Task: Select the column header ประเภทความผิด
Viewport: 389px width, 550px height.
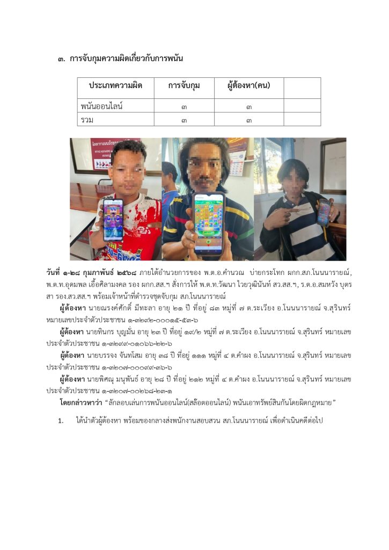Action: click(x=115, y=86)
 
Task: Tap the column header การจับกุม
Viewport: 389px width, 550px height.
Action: click(x=184, y=86)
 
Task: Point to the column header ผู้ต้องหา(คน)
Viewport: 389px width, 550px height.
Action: click(x=248, y=86)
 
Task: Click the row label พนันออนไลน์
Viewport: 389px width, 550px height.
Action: click(x=102, y=106)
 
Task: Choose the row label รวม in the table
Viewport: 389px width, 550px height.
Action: click(x=86, y=120)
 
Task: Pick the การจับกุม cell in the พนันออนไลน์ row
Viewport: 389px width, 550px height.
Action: click(x=184, y=106)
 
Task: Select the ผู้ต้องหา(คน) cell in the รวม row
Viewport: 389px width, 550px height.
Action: click(x=249, y=120)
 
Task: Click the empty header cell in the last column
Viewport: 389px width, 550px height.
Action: click(x=302, y=87)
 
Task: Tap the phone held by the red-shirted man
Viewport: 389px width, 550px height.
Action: click(x=113, y=220)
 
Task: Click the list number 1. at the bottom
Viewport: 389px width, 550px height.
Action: click(x=61, y=421)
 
